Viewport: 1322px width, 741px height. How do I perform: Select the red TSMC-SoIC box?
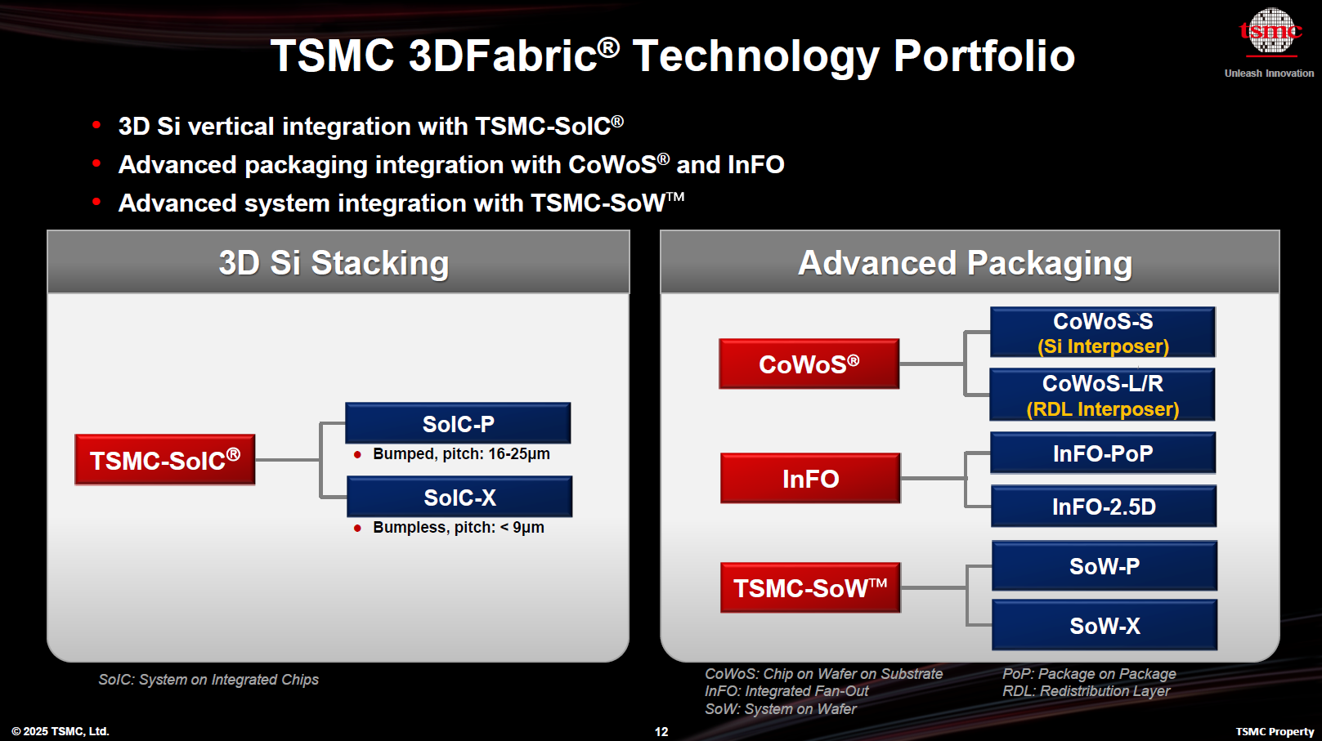[165, 460]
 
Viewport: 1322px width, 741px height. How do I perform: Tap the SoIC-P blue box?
[458, 423]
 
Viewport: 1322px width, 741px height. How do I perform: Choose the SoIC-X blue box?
[459, 497]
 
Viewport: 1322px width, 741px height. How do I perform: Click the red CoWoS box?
[809, 364]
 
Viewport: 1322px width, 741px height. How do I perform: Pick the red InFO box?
[810, 478]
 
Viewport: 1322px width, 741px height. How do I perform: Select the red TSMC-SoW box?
[810, 587]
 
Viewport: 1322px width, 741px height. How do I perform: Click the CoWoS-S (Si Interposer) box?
[1103, 333]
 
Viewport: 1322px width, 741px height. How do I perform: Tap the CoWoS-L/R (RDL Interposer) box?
[1102, 395]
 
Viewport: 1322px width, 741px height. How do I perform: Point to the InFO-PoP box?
[1103, 453]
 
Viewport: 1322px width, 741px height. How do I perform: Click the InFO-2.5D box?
[1104, 507]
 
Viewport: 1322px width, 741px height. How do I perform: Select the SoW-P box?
[1105, 566]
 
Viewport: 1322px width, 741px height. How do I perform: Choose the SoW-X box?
[1105, 626]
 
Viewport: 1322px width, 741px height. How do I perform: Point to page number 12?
[661, 732]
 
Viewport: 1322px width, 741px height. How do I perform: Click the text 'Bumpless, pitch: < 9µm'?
[458, 528]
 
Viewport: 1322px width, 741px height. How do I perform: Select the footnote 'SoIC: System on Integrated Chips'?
[208, 680]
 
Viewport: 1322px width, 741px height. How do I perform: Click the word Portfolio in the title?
[984, 56]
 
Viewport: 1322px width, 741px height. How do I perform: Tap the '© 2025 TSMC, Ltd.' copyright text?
[60, 731]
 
